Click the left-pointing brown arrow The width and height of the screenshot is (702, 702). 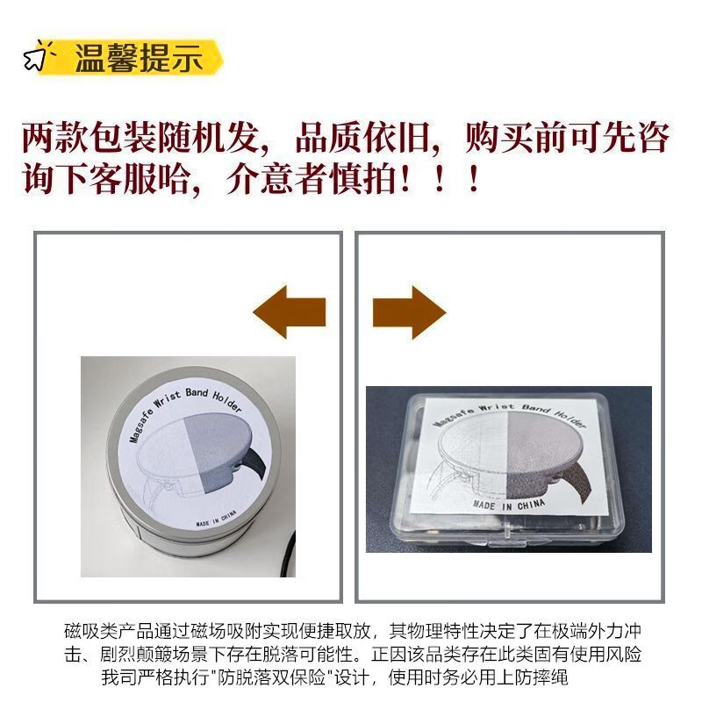point(290,312)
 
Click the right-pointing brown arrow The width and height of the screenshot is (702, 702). point(409,312)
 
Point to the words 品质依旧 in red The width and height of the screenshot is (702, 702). point(362,138)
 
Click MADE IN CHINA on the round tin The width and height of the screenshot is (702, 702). point(216,518)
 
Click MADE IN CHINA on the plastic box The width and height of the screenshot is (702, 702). point(509,505)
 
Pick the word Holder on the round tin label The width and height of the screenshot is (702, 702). point(227,403)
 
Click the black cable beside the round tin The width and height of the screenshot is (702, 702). point(290,554)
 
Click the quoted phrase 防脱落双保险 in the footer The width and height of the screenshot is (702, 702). point(271,677)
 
